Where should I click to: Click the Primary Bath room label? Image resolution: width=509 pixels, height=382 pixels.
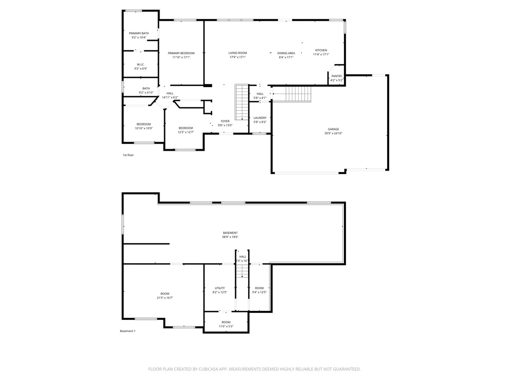139,33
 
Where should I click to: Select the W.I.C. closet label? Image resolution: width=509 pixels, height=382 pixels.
141,65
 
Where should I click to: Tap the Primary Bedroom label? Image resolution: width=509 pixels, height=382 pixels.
181,53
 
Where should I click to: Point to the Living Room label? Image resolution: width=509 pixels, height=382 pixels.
238,53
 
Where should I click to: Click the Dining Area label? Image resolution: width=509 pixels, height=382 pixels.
286,53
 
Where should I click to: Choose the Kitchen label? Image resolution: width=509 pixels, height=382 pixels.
321,50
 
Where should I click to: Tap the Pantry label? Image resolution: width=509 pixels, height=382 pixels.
337,76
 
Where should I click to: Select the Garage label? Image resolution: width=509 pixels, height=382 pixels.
333,129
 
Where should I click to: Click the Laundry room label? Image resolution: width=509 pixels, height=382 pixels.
260,118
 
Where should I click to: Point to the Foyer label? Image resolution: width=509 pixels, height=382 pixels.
225,121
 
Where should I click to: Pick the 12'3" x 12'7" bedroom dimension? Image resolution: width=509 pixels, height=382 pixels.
185,132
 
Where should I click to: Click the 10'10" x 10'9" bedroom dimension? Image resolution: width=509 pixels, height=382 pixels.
144,128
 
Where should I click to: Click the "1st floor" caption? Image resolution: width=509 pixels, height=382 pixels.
128,155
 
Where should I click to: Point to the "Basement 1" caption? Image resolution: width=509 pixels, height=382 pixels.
128,331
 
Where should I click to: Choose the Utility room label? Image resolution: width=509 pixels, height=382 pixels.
220,288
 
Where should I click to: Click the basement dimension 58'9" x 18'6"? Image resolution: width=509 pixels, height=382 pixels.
230,237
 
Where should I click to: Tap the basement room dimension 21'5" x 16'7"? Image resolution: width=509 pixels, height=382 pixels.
165,297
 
